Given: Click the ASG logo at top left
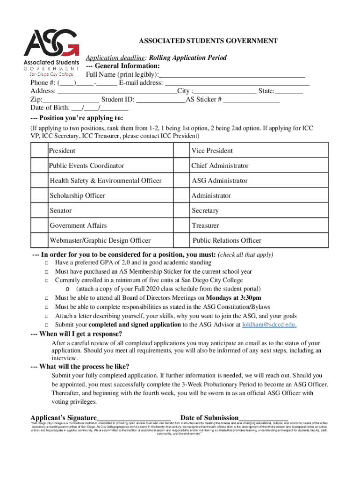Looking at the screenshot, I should [x=51, y=51].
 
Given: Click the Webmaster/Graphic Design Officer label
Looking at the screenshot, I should [x=100, y=240].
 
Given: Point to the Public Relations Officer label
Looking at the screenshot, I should [x=227, y=240].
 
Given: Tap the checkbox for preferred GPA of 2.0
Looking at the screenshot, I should [x=47, y=263].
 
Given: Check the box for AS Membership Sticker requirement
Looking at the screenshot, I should [x=47, y=272].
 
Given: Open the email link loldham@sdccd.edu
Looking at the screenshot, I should [x=269, y=324].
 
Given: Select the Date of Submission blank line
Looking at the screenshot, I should [x=263, y=418].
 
